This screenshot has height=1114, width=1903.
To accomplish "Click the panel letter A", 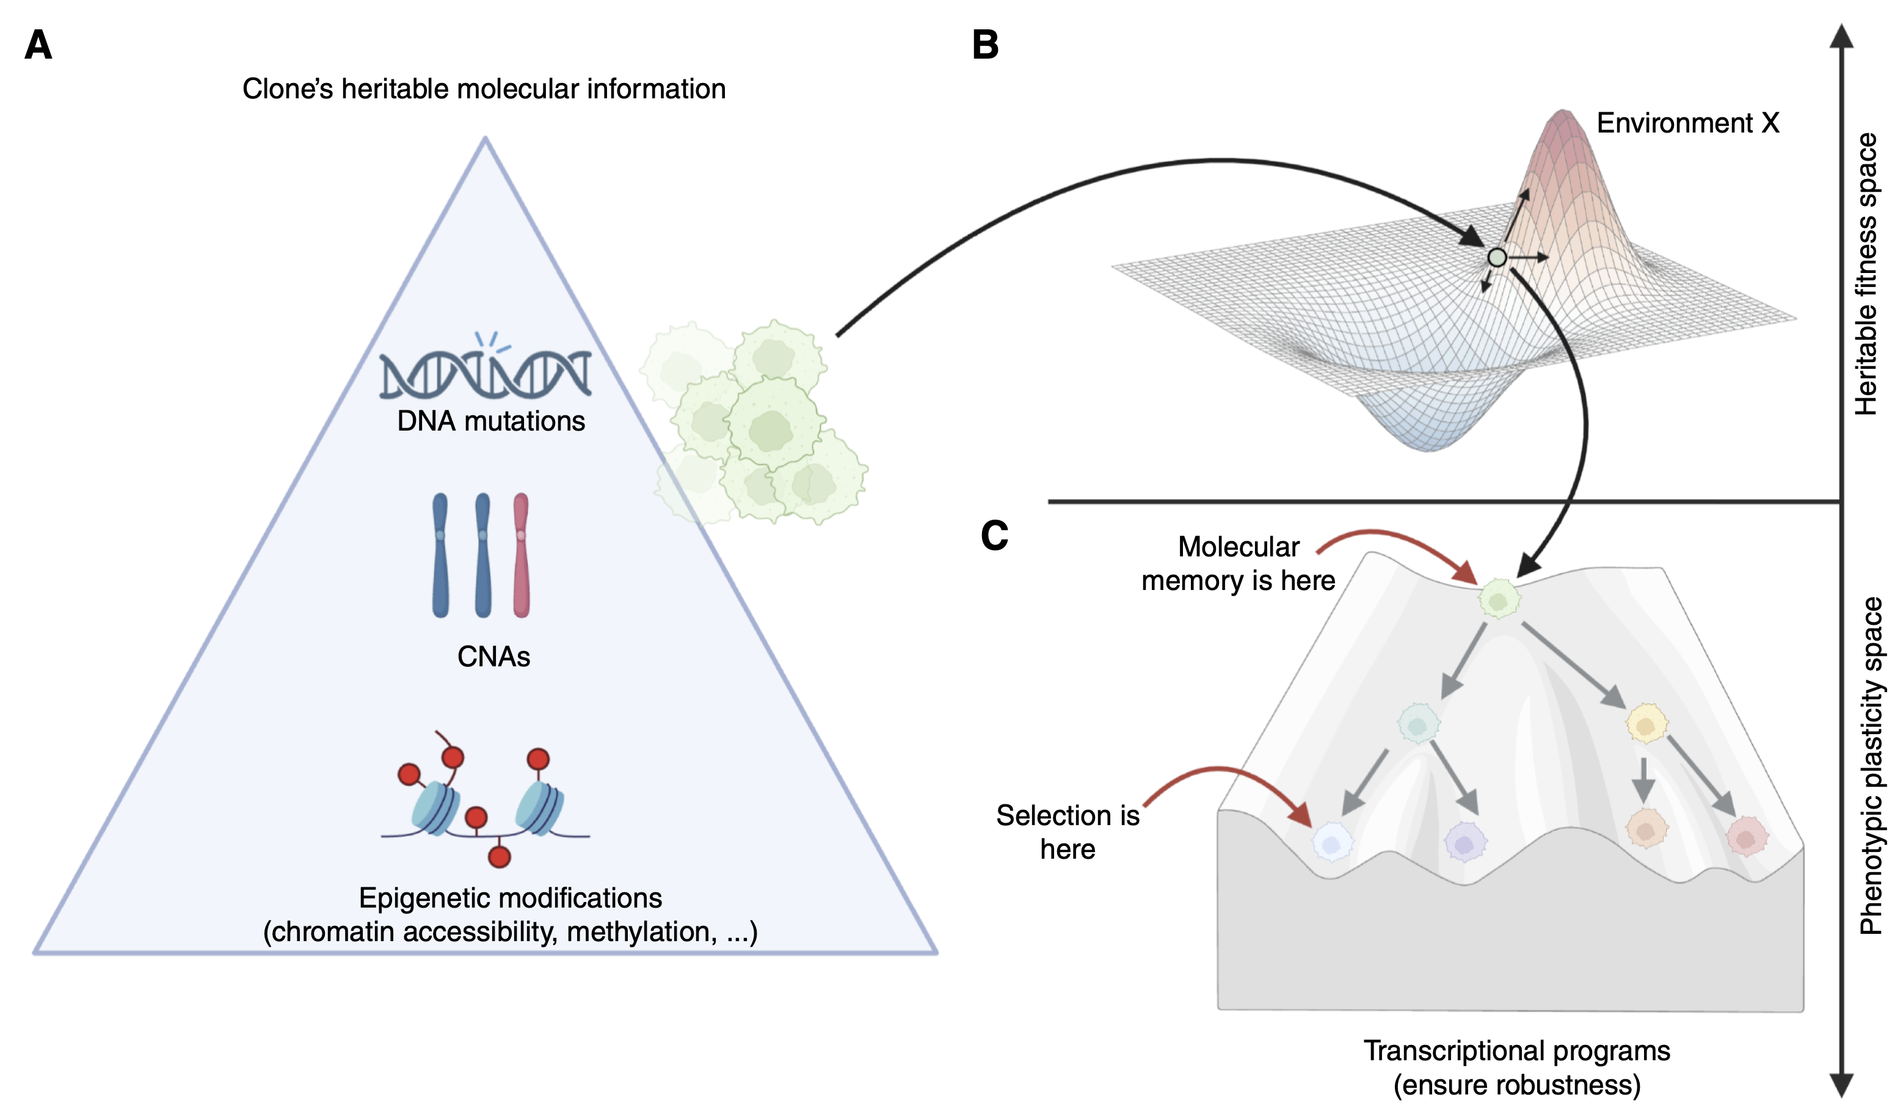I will click(38, 45).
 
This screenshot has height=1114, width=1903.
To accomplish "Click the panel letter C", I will click(994, 536).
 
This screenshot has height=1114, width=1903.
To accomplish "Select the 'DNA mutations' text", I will click(491, 421).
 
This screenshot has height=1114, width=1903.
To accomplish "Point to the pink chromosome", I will click(521, 555).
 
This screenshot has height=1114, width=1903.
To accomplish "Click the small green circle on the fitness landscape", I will click(1497, 258).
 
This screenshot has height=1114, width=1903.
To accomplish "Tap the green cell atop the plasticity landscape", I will click(1499, 600).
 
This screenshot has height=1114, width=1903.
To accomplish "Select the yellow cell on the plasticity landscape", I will click(1646, 724).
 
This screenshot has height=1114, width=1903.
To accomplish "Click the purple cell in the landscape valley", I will click(1465, 842).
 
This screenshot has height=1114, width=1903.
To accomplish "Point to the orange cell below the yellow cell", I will click(1646, 829).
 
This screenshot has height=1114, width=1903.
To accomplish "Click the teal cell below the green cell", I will click(1418, 724).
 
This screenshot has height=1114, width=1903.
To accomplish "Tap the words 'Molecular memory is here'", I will click(1239, 564).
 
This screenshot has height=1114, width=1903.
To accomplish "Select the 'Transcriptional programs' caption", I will click(1516, 1050).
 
